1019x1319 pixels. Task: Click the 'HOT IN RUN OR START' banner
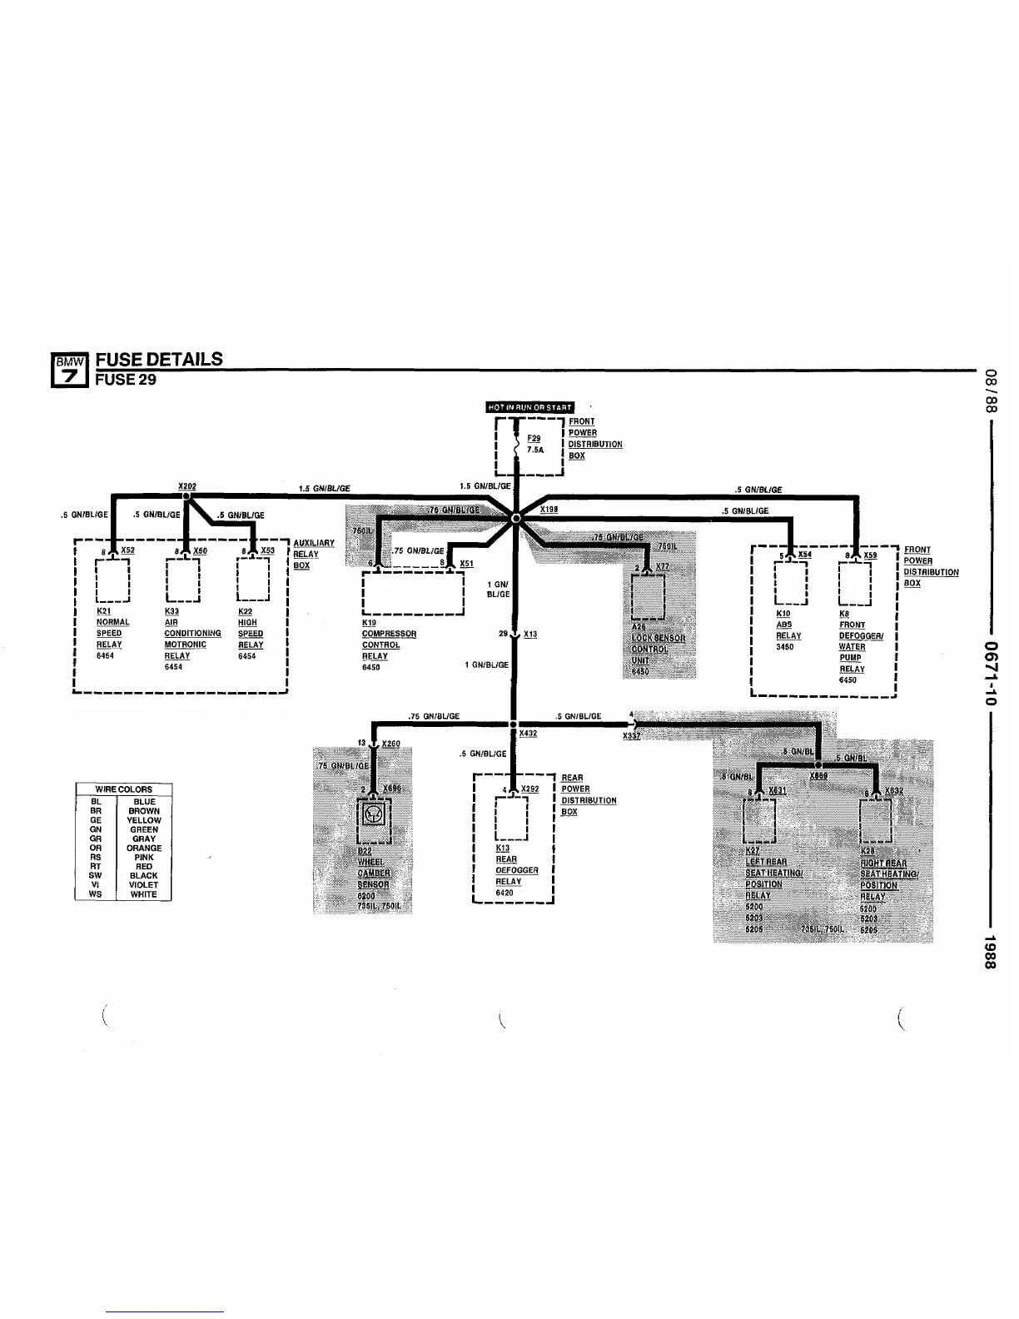(x=529, y=407)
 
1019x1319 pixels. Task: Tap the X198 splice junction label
(x=549, y=509)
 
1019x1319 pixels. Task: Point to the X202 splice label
(x=187, y=486)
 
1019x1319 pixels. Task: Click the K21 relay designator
(x=104, y=611)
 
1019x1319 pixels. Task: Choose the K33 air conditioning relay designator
(x=171, y=611)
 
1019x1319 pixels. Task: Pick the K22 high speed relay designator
(x=245, y=611)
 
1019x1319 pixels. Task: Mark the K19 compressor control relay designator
(x=369, y=623)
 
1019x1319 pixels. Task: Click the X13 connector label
(x=531, y=635)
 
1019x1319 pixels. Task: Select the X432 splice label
(x=528, y=734)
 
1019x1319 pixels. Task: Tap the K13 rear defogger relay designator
(x=502, y=849)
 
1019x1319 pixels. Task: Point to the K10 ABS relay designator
(x=783, y=614)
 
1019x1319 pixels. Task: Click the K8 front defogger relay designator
(x=844, y=614)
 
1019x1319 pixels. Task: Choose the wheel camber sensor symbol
(x=375, y=813)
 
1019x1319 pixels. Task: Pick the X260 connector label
(x=390, y=744)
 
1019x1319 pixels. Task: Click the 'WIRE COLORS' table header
(x=124, y=789)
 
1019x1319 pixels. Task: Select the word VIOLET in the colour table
(x=144, y=885)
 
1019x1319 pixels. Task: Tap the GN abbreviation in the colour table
(x=96, y=829)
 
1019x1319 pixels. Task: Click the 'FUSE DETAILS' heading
(x=159, y=360)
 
